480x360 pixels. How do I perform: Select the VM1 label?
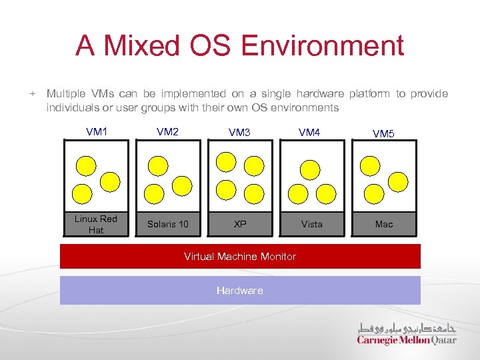(x=97, y=131)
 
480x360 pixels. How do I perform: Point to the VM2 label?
(x=167, y=131)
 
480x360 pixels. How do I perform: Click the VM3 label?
(x=239, y=133)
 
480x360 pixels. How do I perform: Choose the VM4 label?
(x=309, y=133)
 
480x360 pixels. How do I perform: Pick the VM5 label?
(x=383, y=133)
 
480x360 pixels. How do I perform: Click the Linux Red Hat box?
(x=96, y=224)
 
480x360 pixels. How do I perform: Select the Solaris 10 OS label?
(x=167, y=224)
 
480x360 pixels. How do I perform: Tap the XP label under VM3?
(x=240, y=224)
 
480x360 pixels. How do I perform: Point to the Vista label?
(x=311, y=224)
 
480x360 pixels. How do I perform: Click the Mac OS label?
(x=384, y=224)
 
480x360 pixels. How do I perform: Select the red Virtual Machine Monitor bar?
(x=240, y=256)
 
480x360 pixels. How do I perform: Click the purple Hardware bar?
(x=240, y=290)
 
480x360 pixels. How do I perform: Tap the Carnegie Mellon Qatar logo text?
(x=407, y=340)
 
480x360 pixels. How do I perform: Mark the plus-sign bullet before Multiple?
(x=32, y=94)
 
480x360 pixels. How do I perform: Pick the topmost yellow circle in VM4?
(x=310, y=169)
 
